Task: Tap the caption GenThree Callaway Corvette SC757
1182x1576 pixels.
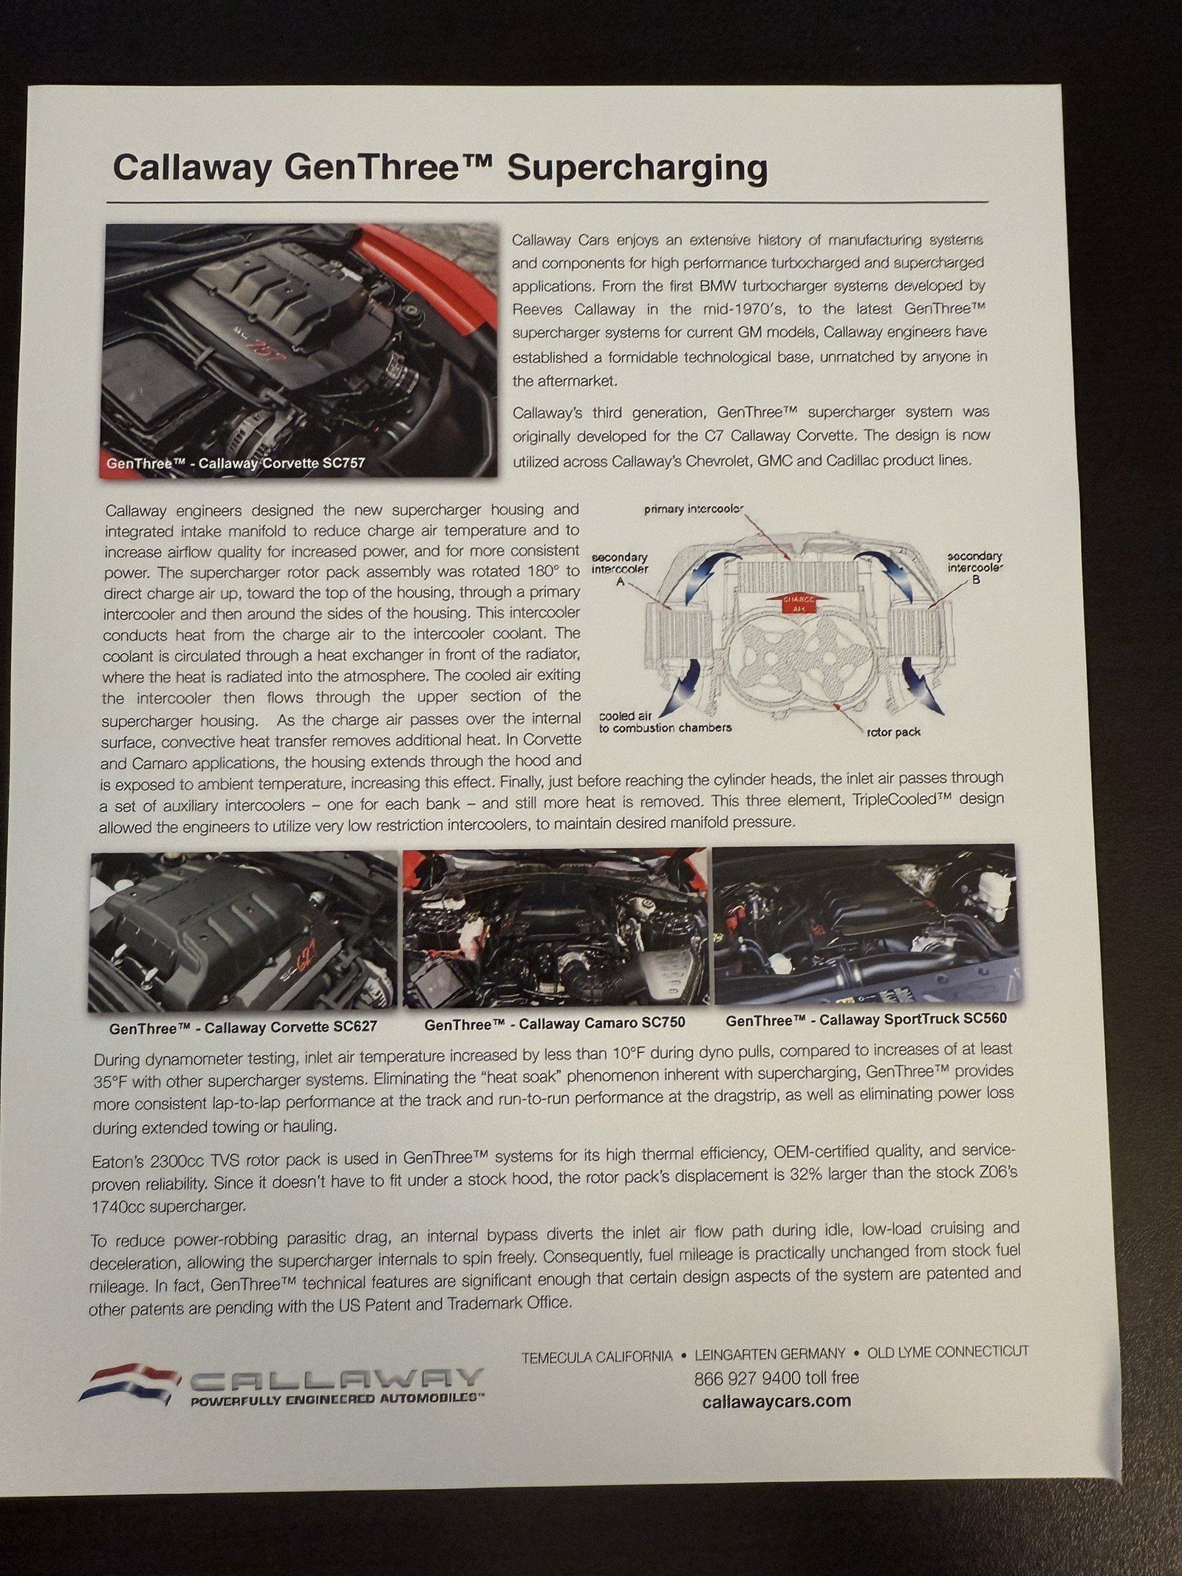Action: [x=236, y=464]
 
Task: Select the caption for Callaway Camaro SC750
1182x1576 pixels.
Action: [x=555, y=1023]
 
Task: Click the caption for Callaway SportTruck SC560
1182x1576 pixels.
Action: [x=865, y=1020]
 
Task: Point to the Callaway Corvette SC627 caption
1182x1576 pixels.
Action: [x=243, y=1027]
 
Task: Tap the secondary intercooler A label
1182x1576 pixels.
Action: [x=620, y=569]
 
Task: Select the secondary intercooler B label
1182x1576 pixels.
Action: [x=974, y=567]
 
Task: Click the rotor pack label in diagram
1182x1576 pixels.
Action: [x=893, y=732]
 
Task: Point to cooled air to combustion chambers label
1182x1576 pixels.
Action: [x=664, y=722]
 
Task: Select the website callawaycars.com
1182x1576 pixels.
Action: [x=776, y=1401]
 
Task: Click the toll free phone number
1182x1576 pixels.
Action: [x=776, y=1377]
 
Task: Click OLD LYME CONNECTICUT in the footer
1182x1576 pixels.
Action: [x=947, y=1352]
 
